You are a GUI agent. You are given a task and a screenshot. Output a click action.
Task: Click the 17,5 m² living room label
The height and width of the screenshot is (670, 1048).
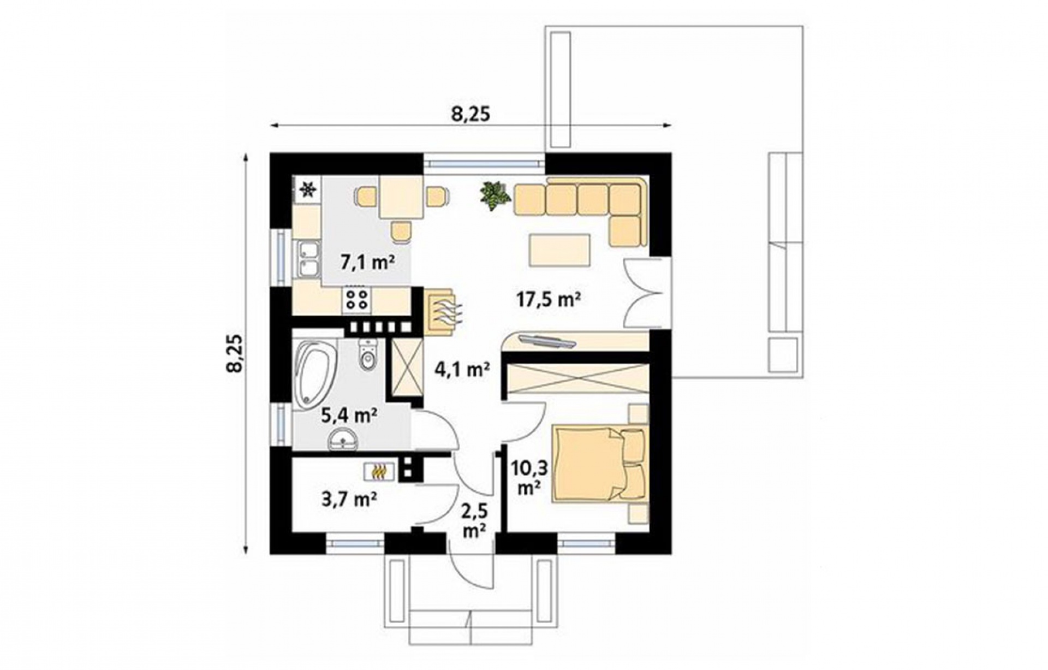[548, 299]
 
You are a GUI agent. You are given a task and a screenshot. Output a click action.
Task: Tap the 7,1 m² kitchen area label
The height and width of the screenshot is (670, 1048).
[367, 263]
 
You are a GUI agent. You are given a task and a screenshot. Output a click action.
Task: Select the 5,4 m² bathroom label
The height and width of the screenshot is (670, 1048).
[349, 416]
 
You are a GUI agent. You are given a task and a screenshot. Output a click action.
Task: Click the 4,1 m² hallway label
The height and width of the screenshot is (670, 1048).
[462, 370]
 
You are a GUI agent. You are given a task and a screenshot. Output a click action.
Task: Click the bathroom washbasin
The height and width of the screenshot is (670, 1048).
[342, 440]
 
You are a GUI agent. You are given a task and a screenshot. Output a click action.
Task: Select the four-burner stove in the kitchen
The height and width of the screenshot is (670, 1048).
[357, 301]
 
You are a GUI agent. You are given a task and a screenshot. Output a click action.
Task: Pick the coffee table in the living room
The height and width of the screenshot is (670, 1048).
[559, 250]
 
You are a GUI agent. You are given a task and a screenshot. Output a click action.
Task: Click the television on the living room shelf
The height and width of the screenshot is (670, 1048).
[546, 341]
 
